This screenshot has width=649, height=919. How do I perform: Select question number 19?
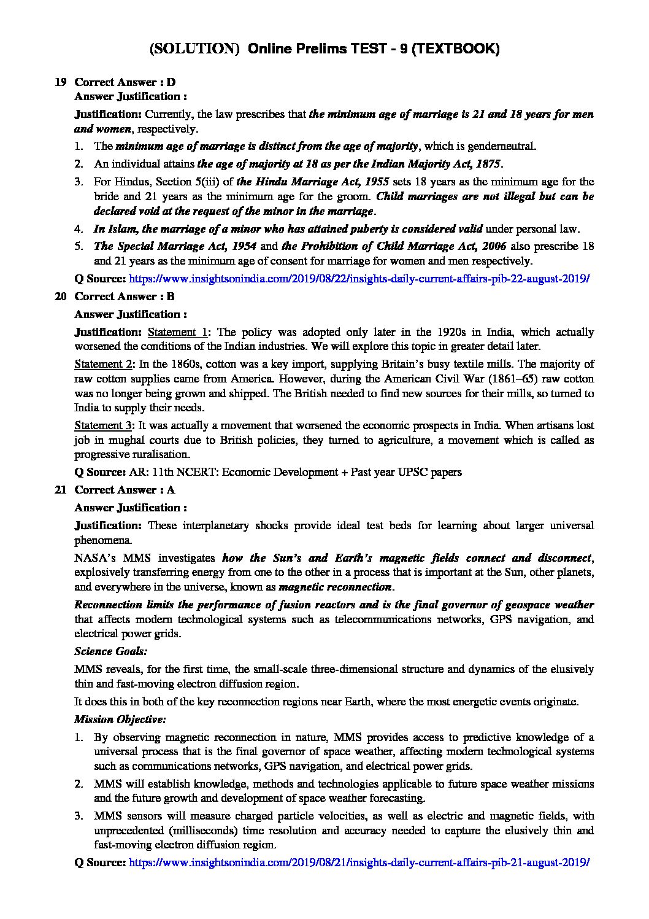click(x=60, y=82)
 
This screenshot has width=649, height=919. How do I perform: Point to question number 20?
click(x=60, y=297)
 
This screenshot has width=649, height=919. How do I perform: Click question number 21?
click(x=60, y=490)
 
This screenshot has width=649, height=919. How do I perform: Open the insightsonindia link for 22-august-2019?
click(x=359, y=279)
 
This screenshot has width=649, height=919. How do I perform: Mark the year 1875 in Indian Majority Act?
click(x=488, y=164)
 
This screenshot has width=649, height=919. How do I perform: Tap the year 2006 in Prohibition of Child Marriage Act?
click(x=494, y=246)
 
